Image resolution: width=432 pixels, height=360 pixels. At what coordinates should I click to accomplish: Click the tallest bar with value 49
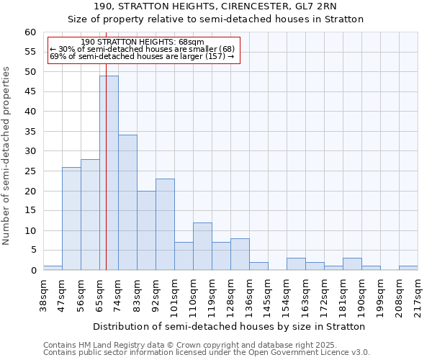point(109,173)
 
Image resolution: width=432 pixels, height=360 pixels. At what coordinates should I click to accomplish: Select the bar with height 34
point(127,202)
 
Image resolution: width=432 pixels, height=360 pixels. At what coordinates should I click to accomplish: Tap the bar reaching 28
point(90,215)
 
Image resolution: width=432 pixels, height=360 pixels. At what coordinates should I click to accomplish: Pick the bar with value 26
point(71,218)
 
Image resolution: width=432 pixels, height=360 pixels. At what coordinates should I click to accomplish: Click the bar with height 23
point(165,225)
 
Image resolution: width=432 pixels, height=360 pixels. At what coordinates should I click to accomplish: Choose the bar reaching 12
point(202,246)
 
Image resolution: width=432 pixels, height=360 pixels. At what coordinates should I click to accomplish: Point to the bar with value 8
point(240,254)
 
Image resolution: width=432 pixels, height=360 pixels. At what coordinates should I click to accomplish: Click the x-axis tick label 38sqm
point(44,296)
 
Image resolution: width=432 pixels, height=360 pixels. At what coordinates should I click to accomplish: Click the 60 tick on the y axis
point(30,32)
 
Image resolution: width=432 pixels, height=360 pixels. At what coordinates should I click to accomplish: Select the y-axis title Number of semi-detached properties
point(6,156)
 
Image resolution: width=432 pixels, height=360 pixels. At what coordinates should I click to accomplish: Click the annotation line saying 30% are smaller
point(143,49)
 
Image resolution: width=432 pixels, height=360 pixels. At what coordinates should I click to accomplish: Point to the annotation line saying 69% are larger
point(143,56)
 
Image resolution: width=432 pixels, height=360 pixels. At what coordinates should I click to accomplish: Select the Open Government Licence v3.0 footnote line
point(207,352)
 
